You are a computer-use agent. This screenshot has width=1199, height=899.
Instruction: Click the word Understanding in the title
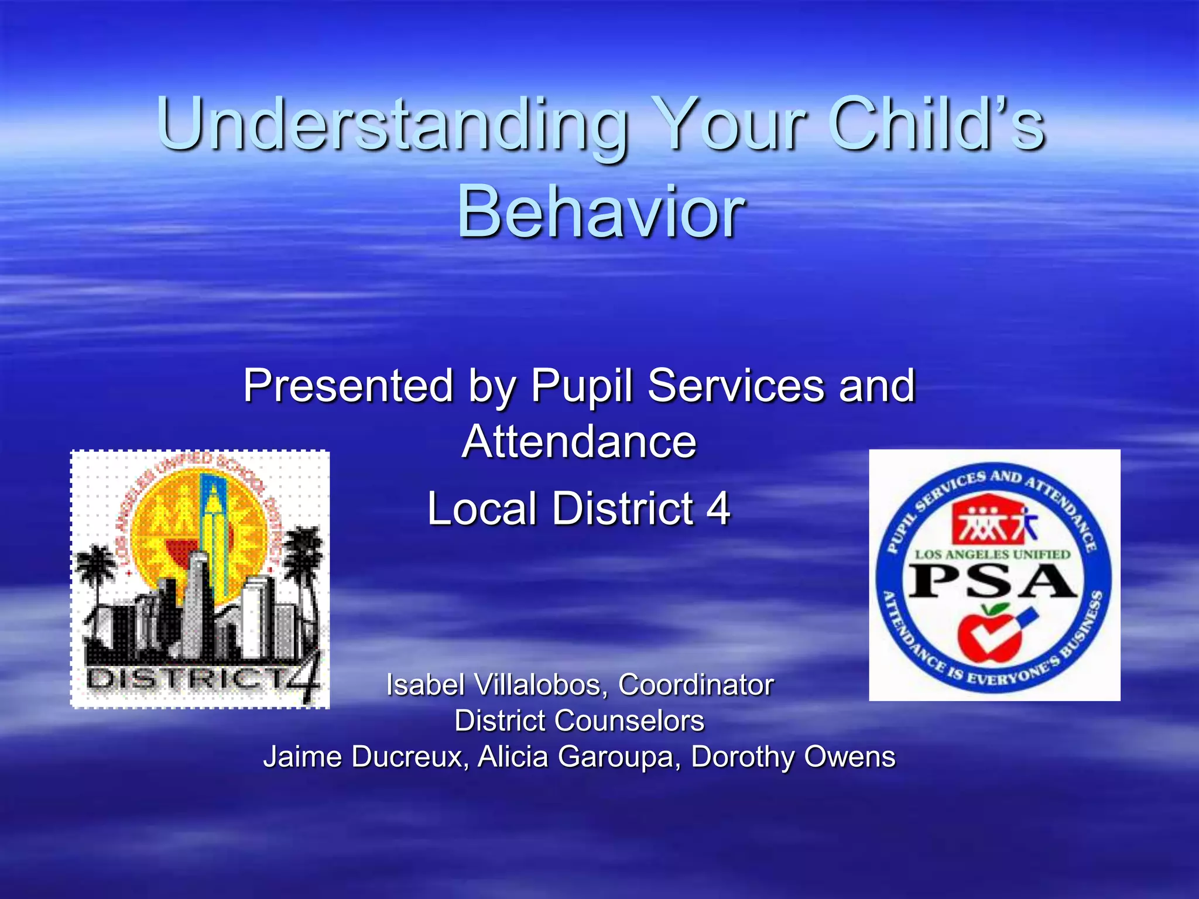(x=391, y=125)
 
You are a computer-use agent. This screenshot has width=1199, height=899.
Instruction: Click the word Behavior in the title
(x=601, y=212)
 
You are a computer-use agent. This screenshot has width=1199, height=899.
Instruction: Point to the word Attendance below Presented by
(x=579, y=441)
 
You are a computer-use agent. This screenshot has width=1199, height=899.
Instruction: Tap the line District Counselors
(x=579, y=720)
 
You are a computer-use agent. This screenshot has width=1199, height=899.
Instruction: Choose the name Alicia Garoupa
(x=580, y=756)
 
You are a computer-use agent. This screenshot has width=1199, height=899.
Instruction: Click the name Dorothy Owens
(x=793, y=756)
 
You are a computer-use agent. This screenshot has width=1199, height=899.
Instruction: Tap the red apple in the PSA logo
(x=989, y=635)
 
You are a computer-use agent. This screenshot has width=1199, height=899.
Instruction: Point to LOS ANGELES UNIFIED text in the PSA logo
(x=993, y=554)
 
